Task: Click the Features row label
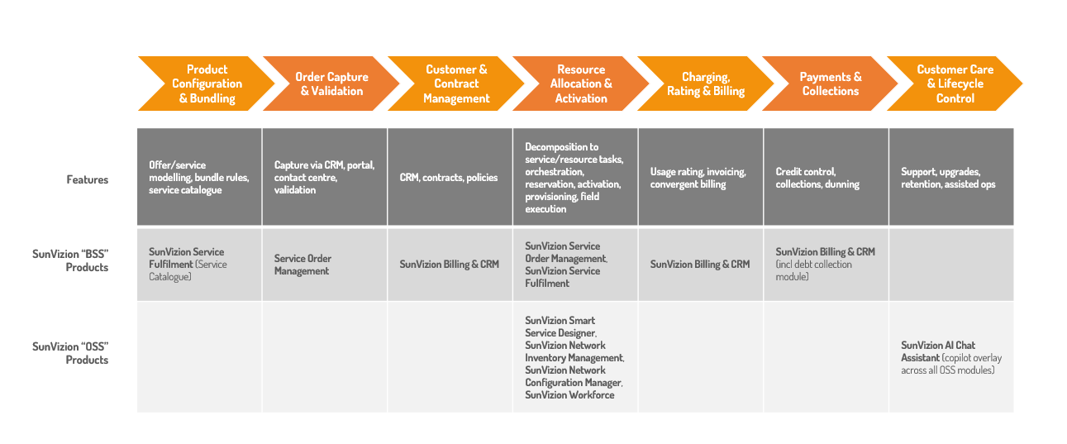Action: click(88, 179)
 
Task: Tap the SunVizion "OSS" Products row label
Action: click(70, 353)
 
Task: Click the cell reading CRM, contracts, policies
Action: click(449, 178)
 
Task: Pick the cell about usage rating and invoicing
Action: click(698, 178)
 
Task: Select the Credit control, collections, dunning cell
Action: click(817, 178)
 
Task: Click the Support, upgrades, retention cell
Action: click(948, 178)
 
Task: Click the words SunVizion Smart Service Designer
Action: click(560, 327)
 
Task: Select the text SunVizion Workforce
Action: click(569, 395)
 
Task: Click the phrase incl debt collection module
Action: click(813, 270)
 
